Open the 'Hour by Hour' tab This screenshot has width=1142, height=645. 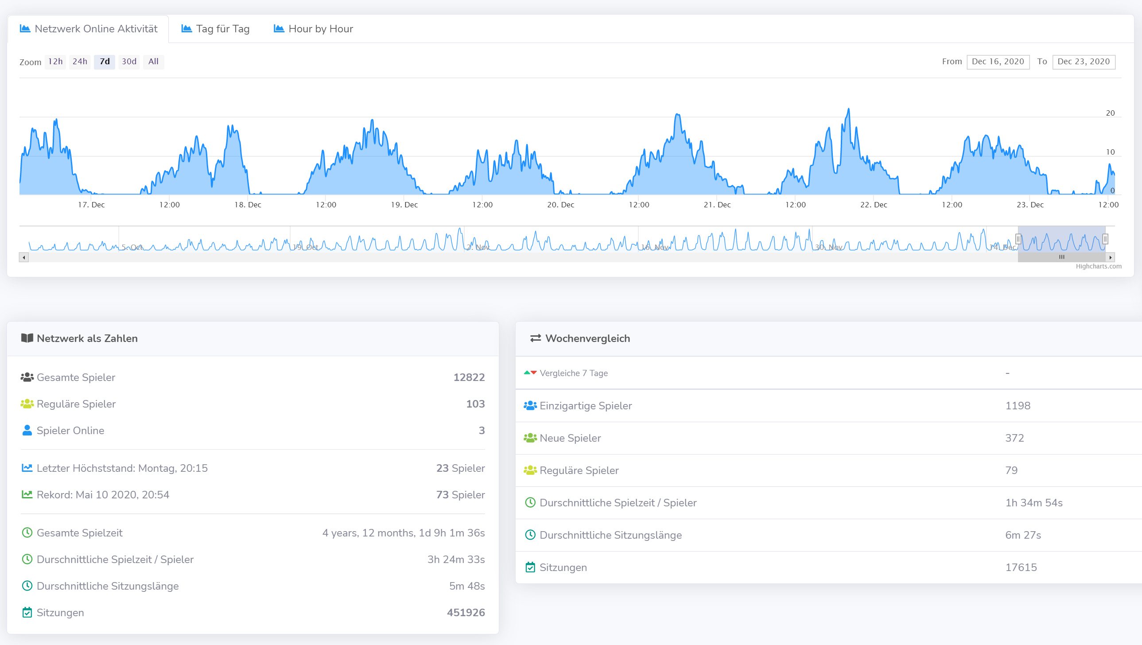pos(314,29)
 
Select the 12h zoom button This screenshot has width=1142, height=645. pos(55,62)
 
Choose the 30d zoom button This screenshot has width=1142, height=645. pos(129,62)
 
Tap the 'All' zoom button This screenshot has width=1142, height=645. pos(153,62)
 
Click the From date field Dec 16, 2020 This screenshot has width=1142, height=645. pos(998,62)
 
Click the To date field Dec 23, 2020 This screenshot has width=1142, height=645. pos(1083,62)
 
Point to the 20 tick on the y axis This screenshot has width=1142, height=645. pos(1110,113)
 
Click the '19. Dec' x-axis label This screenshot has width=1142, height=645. pos(404,205)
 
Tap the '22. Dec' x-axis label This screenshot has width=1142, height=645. pos(874,205)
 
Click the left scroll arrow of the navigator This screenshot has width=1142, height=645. pos(24,257)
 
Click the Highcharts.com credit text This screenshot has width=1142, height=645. pos(1098,266)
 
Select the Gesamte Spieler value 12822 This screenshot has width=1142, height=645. pos(469,377)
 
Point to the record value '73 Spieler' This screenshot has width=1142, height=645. pos(460,495)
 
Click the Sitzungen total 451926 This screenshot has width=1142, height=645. pos(466,613)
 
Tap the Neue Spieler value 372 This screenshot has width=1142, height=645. pos(1014,438)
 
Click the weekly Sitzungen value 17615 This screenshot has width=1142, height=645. pos(1021,567)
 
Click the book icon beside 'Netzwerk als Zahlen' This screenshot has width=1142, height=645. pos(27,338)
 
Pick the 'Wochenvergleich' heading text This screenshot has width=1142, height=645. pos(587,339)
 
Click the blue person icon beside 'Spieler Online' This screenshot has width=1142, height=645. pos(27,431)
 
